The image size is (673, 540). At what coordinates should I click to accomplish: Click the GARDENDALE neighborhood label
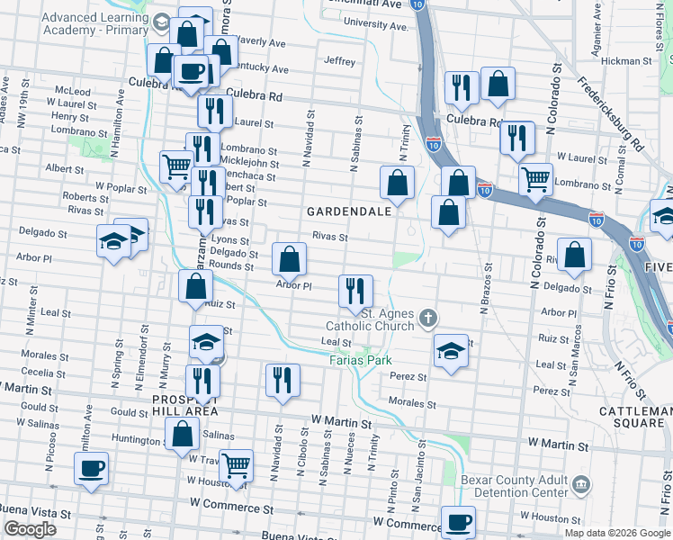tap(349, 211)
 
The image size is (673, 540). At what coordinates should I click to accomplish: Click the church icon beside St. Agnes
tap(428, 317)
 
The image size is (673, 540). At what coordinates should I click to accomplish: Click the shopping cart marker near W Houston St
tap(236, 466)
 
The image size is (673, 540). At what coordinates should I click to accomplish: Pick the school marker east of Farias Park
tap(451, 349)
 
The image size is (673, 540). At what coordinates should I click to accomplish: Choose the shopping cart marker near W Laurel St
tap(536, 179)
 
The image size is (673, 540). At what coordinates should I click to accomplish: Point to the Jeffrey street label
tap(340, 61)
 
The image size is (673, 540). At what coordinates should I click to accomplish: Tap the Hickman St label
tap(625, 61)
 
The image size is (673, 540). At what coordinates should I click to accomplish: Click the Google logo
tap(30, 529)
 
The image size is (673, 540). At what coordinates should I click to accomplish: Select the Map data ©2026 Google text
tap(617, 533)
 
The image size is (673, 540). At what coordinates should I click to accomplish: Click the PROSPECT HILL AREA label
tap(184, 404)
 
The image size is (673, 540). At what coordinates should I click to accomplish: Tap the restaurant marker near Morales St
tap(283, 380)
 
